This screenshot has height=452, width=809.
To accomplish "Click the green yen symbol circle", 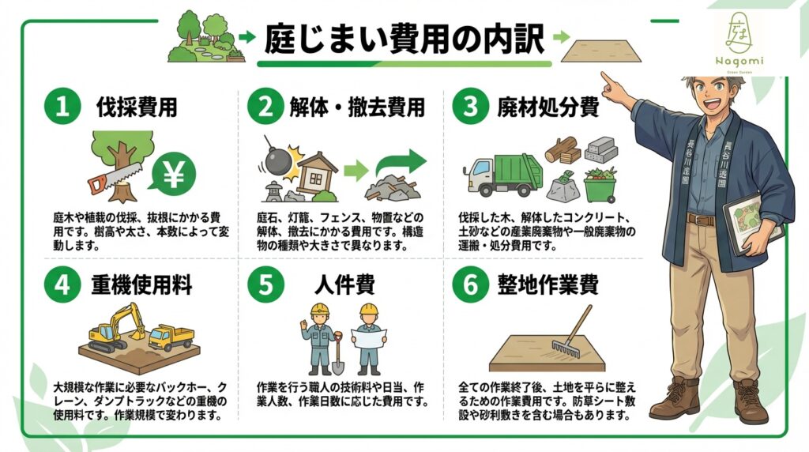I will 174,176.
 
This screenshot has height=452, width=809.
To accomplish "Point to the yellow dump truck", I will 171,337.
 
